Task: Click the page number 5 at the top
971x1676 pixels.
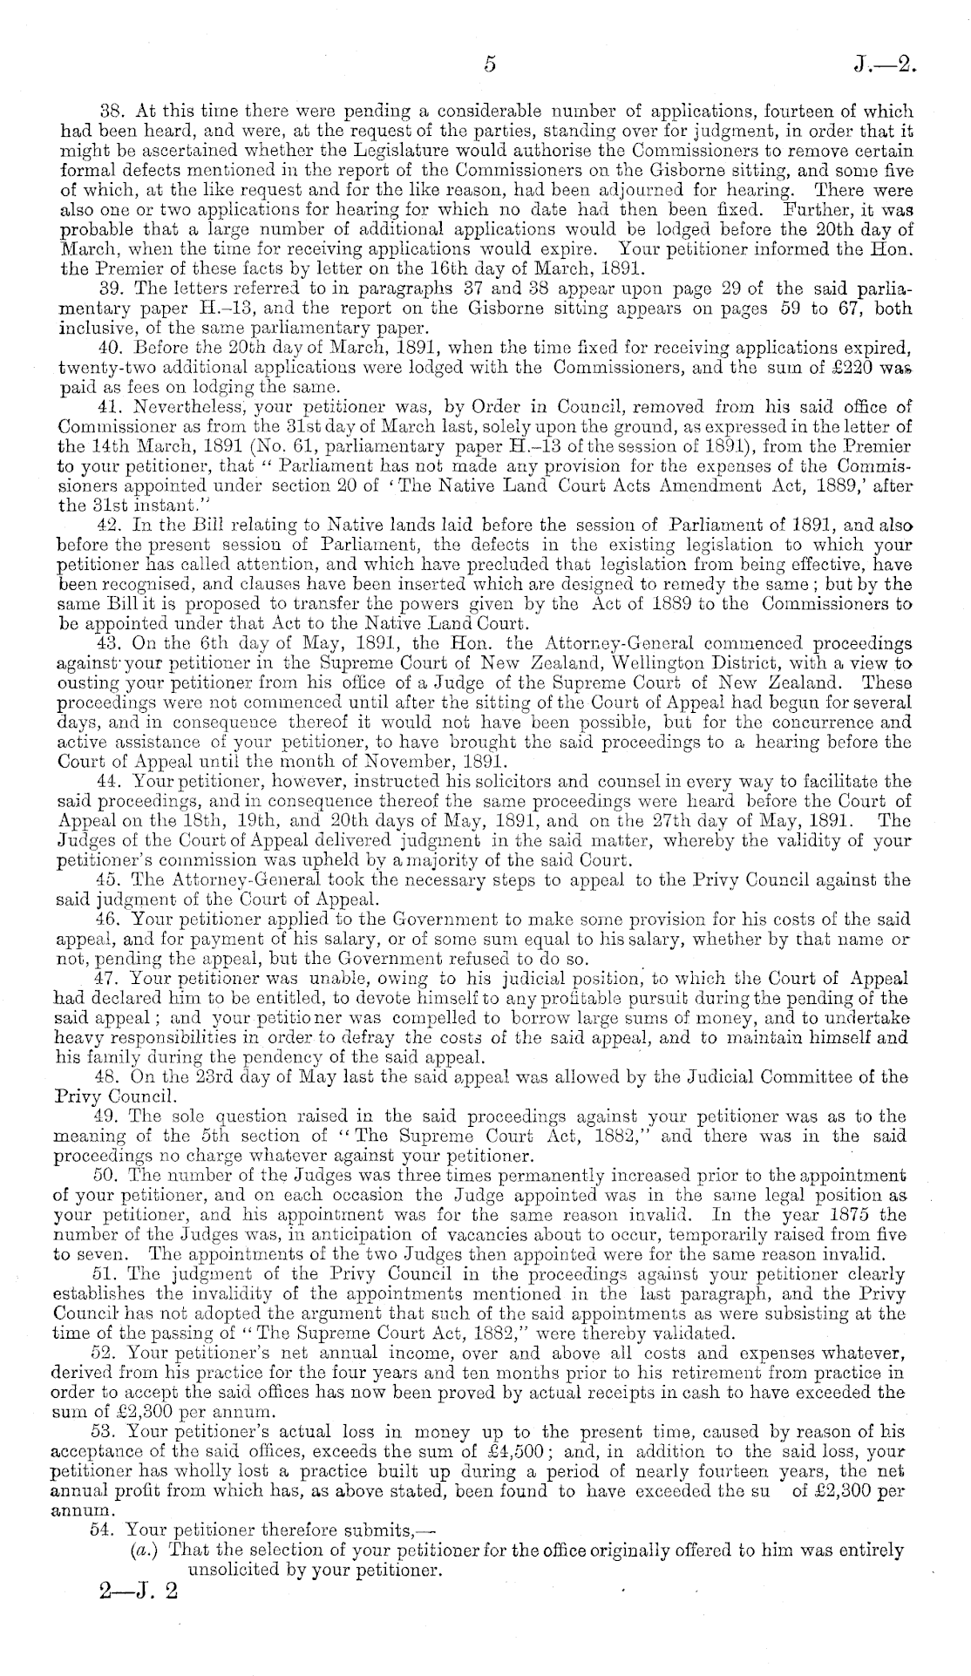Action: pyautogui.click(x=490, y=64)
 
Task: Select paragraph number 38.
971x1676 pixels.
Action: pyautogui.click(x=114, y=112)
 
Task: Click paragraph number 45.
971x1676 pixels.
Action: pyautogui.click(x=114, y=880)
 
